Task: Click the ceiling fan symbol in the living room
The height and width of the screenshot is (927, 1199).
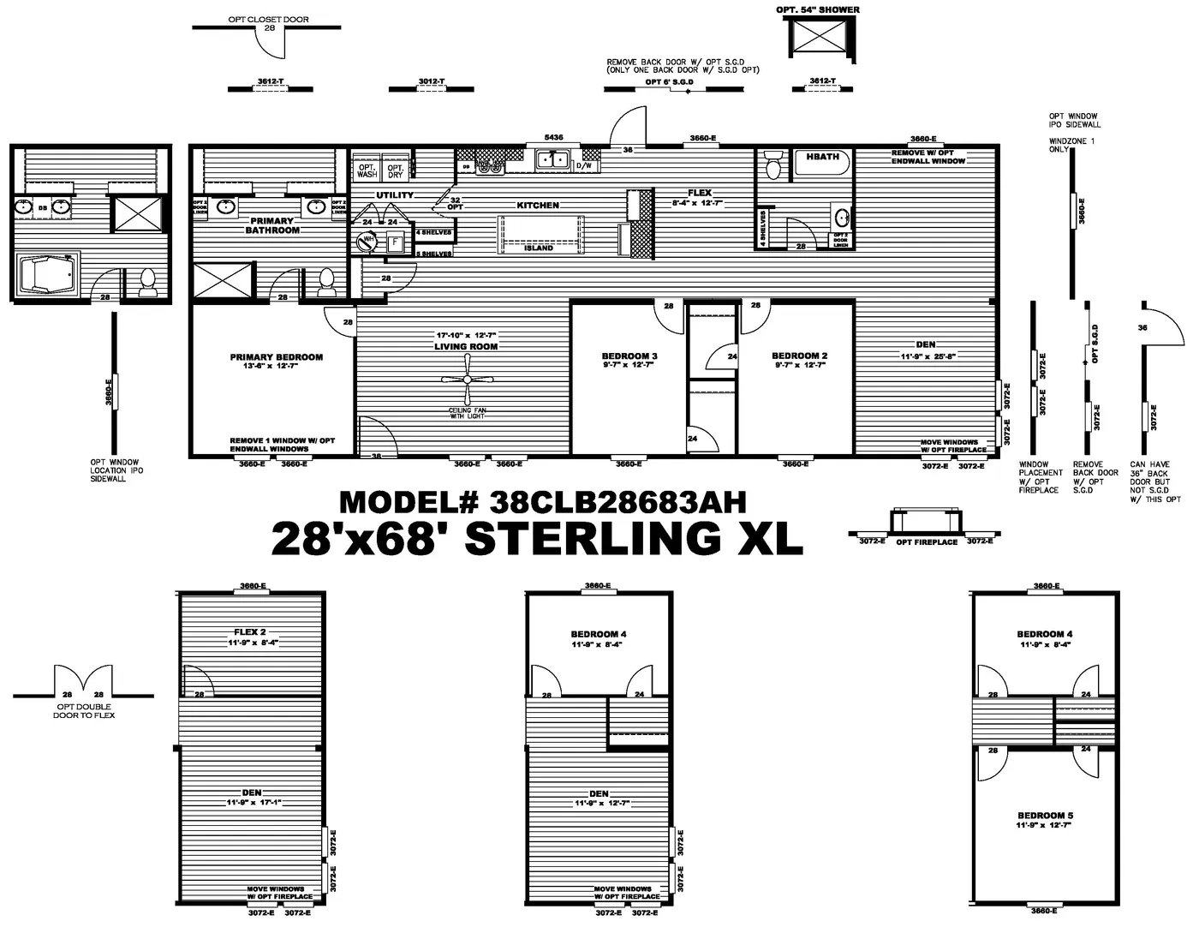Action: click(x=467, y=380)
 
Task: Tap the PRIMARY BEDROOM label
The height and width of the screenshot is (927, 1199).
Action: click(x=276, y=357)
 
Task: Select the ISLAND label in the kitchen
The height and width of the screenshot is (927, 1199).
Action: click(x=539, y=248)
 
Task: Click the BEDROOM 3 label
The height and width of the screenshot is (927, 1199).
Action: click(x=629, y=356)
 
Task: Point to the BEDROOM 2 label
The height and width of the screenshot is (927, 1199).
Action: click(x=799, y=356)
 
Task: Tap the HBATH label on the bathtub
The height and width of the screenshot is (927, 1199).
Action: click(x=823, y=157)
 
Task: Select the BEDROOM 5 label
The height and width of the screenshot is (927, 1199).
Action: click(x=1045, y=816)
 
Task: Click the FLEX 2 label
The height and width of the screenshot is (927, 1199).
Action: click(x=252, y=632)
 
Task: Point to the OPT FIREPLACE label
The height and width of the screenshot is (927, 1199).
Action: click(x=927, y=542)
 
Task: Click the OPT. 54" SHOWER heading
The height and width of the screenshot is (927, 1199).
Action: click(x=818, y=9)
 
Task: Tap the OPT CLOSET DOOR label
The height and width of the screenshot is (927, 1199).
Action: click(x=268, y=19)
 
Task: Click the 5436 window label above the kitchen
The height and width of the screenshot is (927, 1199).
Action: click(x=553, y=138)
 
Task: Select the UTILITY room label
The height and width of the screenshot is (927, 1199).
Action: click(x=395, y=195)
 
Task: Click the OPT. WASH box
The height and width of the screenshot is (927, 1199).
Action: click(x=367, y=170)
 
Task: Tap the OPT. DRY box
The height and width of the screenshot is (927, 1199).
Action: click(x=395, y=170)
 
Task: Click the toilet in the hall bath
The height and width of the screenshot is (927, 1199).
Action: click(x=773, y=165)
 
